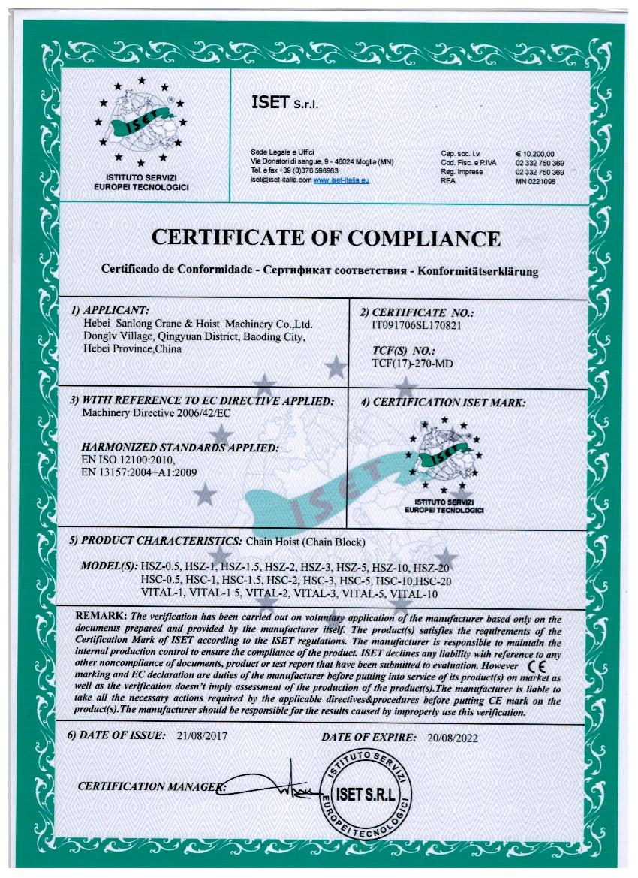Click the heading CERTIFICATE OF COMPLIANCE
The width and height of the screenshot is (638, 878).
326,238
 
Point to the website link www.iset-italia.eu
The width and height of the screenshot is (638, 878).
341,181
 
